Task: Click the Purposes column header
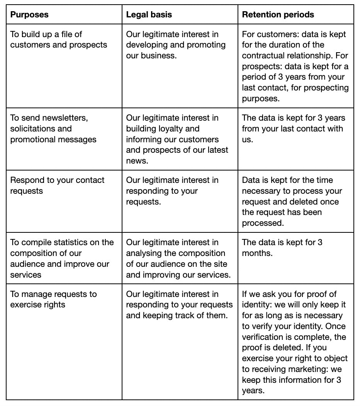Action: pyautogui.click(x=29, y=15)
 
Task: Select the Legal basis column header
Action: pyautogui.click(x=149, y=15)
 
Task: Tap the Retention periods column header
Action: pyautogui.click(x=278, y=15)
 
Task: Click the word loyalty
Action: pyautogui.click(x=183, y=128)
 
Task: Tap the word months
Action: pyautogui.click(x=257, y=253)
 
